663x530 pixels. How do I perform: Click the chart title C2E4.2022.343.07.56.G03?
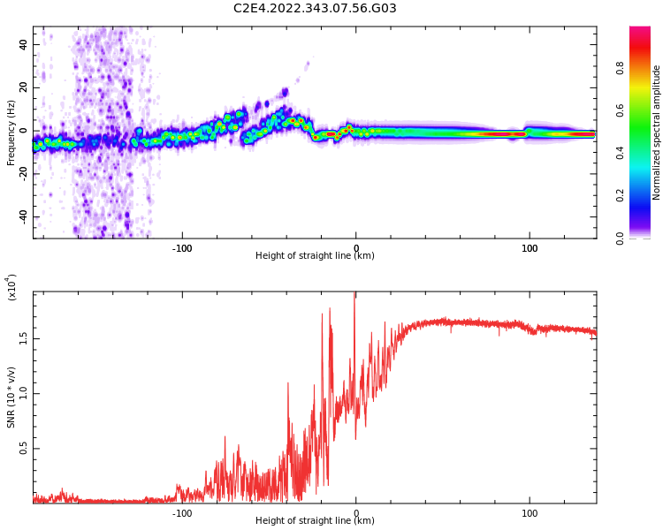click(x=315, y=9)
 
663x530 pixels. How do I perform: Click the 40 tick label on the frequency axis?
click(x=24, y=45)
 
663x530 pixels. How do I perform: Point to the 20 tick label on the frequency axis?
click(x=24, y=88)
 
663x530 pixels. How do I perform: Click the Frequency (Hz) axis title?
click(x=11, y=132)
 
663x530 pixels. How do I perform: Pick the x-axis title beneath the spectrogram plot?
click(x=315, y=256)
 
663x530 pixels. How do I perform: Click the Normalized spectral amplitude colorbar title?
click(x=657, y=132)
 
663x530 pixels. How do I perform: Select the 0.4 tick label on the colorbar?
click(x=644, y=153)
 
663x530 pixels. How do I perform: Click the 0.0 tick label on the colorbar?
click(x=644, y=238)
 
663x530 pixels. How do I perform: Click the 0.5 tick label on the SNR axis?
click(x=24, y=449)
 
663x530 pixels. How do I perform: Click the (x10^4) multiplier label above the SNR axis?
click(x=12, y=287)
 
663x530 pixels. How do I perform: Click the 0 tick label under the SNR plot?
click(x=355, y=513)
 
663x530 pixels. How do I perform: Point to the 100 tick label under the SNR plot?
click(x=530, y=513)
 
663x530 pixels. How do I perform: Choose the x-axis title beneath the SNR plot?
click(x=315, y=521)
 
